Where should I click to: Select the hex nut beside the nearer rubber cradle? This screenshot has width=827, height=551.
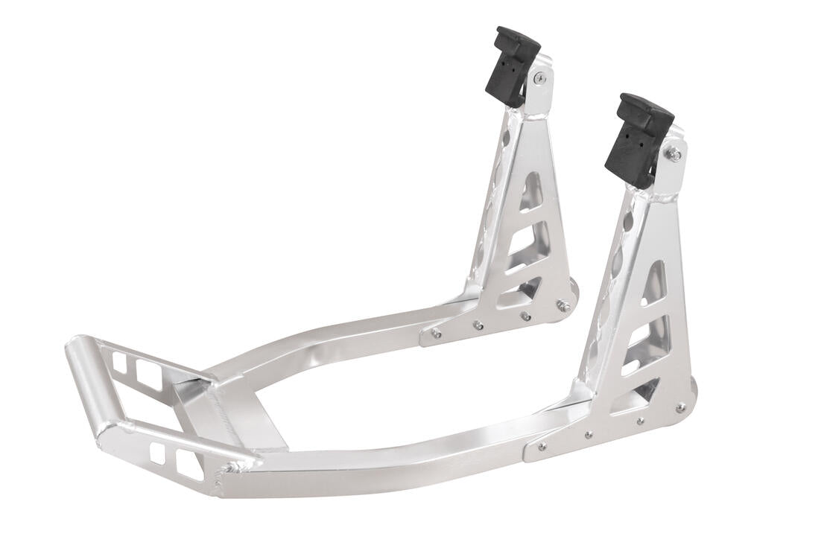coord(674,155)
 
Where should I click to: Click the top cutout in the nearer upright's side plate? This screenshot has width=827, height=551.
coord(655,284)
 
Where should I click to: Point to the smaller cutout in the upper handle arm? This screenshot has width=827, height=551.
coord(120,363)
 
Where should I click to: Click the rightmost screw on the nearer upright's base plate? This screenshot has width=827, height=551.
coord(680,407)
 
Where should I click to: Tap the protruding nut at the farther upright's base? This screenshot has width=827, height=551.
coord(564,305)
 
